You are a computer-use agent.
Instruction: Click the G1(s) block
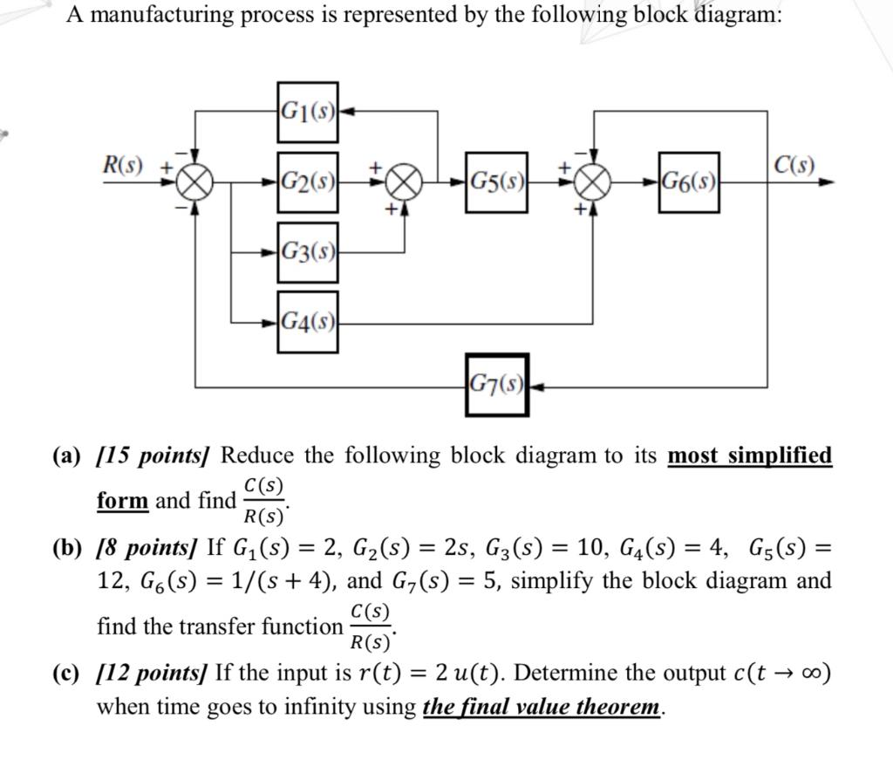click(308, 111)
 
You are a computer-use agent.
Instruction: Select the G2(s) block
click(308, 182)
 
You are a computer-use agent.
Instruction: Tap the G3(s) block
click(308, 253)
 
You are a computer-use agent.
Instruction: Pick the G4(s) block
click(308, 323)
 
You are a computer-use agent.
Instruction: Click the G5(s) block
click(496, 182)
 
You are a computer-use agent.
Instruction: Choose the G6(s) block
click(688, 182)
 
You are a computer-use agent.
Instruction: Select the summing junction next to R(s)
click(195, 184)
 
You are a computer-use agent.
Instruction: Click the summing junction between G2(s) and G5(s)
click(403, 184)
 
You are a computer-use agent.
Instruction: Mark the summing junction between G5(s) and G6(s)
click(594, 184)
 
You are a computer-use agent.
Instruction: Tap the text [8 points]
click(148, 550)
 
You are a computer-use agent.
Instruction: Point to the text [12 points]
click(153, 674)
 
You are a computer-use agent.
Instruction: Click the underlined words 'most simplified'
click(749, 456)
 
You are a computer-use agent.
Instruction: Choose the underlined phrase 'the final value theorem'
click(541, 707)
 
